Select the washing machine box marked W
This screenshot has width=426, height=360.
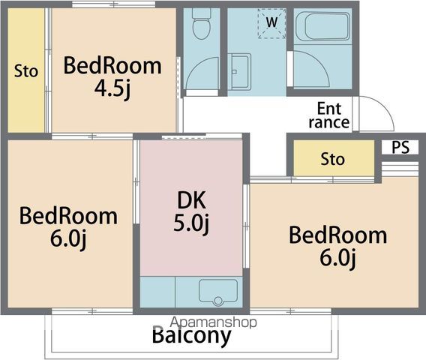pyautogui.click(x=272, y=23)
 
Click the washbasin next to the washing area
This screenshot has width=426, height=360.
pyautogui.click(x=239, y=71)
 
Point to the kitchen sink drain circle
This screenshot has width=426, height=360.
pyautogui.click(x=218, y=301)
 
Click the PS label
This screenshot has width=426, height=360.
pyautogui.click(x=400, y=147)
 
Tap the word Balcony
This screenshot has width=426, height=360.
pyautogui.click(x=191, y=336)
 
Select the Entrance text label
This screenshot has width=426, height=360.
pyautogui.click(x=329, y=115)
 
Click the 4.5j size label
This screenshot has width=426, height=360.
pyautogui.click(x=112, y=88)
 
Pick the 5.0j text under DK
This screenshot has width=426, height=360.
pyautogui.click(x=191, y=223)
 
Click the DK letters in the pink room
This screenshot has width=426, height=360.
pyautogui.click(x=191, y=200)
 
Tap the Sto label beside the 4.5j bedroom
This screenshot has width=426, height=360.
pyautogui.click(x=26, y=71)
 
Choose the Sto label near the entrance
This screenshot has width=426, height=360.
pyautogui.click(x=332, y=159)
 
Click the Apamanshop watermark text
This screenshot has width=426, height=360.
pyautogui.click(x=214, y=322)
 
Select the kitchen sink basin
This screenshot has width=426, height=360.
pyautogui.click(x=218, y=292)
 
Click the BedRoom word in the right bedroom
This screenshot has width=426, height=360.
pyautogui.click(x=338, y=235)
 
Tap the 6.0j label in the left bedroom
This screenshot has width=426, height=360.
pyautogui.click(x=68, y=238)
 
